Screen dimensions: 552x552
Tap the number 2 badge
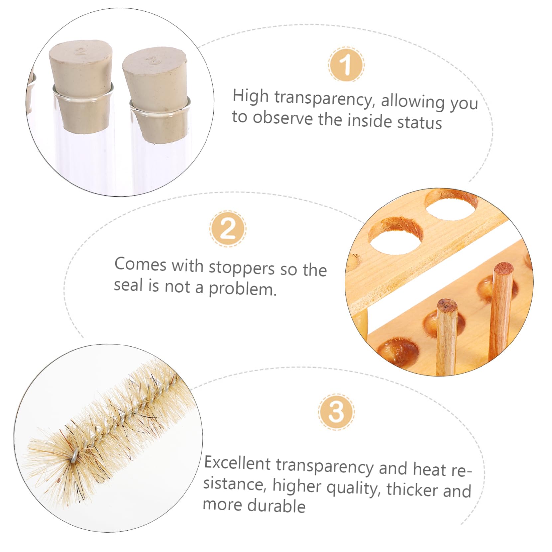click(x=228, y=229)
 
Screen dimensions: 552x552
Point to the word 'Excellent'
click(x=237, y=463)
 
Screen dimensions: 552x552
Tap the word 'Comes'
click(x=140, y=265)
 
